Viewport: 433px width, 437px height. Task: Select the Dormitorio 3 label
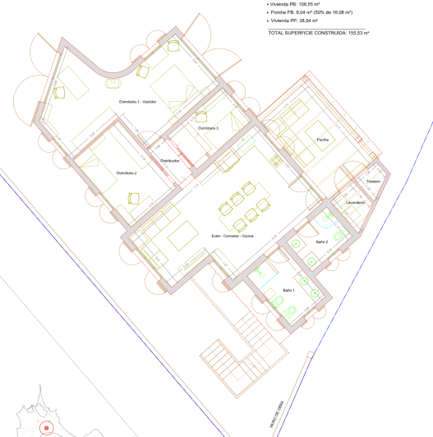coord(207,128)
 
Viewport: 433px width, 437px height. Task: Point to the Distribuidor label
coord(170,160)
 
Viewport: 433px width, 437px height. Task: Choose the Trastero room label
coord(373,181)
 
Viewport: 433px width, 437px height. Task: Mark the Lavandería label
coord(355,201)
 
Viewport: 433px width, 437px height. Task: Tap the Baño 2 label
coord(321,242)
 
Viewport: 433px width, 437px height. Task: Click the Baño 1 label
coord(289,291)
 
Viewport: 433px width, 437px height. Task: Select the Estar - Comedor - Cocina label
coord(232,236)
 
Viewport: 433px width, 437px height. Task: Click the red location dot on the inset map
coord(47,428)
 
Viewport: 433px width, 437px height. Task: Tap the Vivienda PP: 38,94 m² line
coord(301,23)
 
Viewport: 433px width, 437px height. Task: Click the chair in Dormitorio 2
coord(134,197)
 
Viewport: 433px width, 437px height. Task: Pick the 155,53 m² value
coord(358,33)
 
